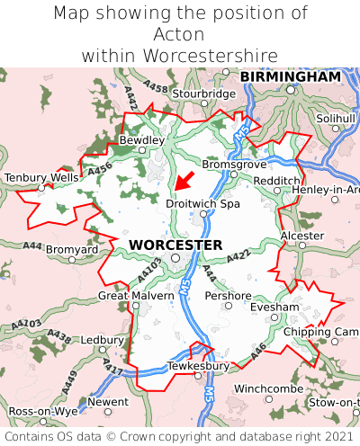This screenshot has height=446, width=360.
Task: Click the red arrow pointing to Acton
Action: click(184, 181)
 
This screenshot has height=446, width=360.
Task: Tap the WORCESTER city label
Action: click(175, 245)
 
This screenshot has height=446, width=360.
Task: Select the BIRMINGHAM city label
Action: click(290, 77)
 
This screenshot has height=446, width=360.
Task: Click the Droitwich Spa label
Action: click(203, 204)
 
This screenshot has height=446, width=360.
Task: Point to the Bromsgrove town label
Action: click(234, 165)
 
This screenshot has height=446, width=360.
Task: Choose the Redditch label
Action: click(276, 181)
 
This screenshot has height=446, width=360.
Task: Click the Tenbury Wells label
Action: click(41, 178)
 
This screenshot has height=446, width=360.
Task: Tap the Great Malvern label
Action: click(136, 295)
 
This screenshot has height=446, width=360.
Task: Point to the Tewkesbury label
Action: click(198, 366)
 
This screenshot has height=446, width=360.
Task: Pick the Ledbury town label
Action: click(102, 341)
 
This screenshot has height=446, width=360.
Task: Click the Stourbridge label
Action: click(203, 94)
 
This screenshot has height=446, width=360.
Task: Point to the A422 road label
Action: click(238, 257)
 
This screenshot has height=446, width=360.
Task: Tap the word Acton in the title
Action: click(179, 34)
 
